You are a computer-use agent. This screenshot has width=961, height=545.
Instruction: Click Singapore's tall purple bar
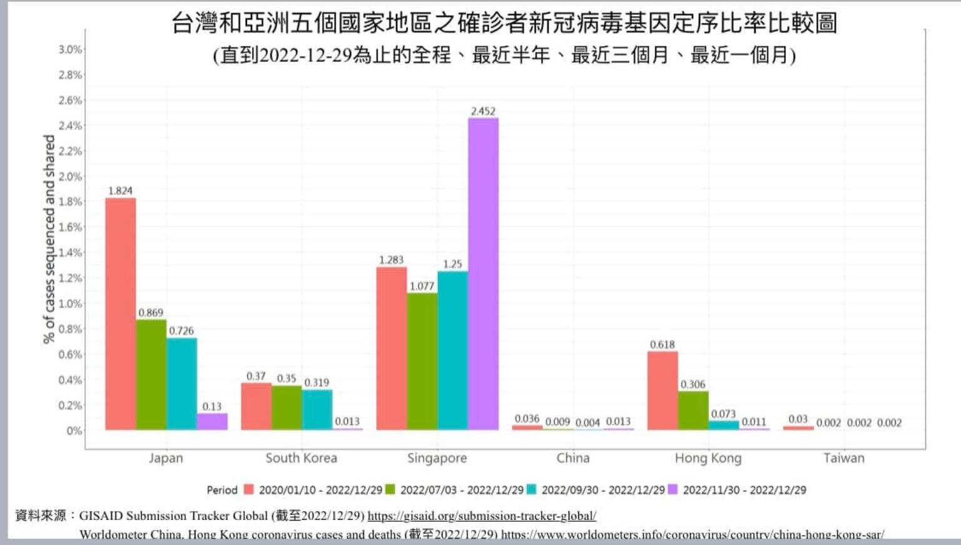[x=483, y=273]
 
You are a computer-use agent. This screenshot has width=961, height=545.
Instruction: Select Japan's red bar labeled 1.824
[x=120, y=313]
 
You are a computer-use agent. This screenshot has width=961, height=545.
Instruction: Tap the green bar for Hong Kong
[x=693, y=410]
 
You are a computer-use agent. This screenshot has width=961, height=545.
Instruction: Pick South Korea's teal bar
[x=317, y=409]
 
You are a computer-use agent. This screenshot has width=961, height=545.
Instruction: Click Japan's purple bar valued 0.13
[x=212, y=421]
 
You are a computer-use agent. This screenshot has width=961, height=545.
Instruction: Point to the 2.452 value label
[x=483, y=111]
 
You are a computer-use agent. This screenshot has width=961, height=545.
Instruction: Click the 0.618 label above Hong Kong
[x=662, y=345]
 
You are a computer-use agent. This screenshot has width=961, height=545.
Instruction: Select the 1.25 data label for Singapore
[x=452, y=264]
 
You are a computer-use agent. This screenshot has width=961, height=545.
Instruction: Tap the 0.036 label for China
[x=527, y=419]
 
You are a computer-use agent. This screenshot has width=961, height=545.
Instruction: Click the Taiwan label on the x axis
[x=843, y=458]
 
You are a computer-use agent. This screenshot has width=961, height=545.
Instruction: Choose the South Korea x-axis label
[x=301, y=458]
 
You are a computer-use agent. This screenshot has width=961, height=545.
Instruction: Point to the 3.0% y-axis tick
[x=70, y=49]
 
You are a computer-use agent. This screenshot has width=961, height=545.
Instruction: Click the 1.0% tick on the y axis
[x=70, y=303]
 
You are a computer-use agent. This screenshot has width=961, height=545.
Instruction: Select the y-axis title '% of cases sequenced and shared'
[x=49, y=239]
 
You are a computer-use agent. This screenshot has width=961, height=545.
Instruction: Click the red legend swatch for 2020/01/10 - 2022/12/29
[x=248, y=489]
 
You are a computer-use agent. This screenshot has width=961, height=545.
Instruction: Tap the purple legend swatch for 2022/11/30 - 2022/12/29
[x=673, y=489]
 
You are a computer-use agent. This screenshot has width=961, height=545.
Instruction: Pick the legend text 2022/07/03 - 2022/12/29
[x=462, y=490]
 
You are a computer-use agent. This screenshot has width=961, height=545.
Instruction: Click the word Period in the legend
[x=222, y=490]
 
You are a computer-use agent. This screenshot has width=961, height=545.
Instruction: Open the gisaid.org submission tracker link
[x=482, y=516]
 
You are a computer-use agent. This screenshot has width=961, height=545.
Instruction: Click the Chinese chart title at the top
[x=504, y=24]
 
